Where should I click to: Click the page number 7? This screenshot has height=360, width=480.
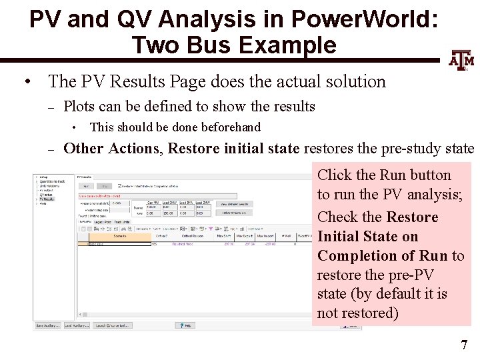point(464,345)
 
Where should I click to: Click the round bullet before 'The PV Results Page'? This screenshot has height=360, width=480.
point(27,82)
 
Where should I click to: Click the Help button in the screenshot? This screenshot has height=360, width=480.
point(185,325)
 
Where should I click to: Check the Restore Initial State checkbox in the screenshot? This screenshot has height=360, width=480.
point(120,186)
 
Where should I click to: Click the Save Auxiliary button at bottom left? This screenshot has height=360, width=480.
point(48,325)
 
